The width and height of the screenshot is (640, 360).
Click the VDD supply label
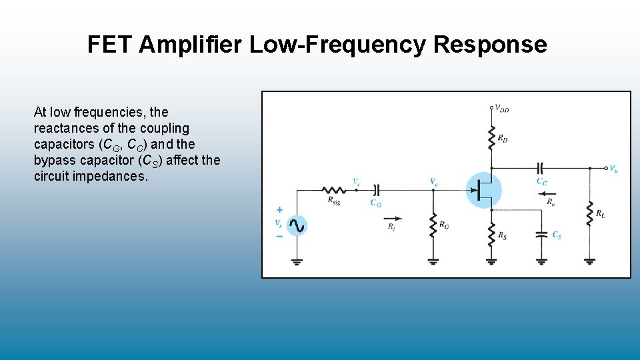point(502,109)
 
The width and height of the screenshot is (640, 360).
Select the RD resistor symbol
point(491,137)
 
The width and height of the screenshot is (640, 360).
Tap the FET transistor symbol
point(483,190)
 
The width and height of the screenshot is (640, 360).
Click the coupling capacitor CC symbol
point(541,168)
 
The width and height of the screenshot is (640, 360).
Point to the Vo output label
point(613,169)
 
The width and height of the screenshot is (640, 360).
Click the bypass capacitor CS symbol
point(541,235)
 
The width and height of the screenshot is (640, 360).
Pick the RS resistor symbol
point(491,235)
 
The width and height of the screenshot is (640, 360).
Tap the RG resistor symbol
point(433,225)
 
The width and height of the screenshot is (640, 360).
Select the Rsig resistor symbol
point(333,190)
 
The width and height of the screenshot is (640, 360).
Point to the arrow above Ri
point(393,217)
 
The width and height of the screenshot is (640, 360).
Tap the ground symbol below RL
point(589,261)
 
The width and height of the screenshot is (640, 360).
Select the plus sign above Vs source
point(279,209)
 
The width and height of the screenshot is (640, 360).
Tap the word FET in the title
point(111,45)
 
